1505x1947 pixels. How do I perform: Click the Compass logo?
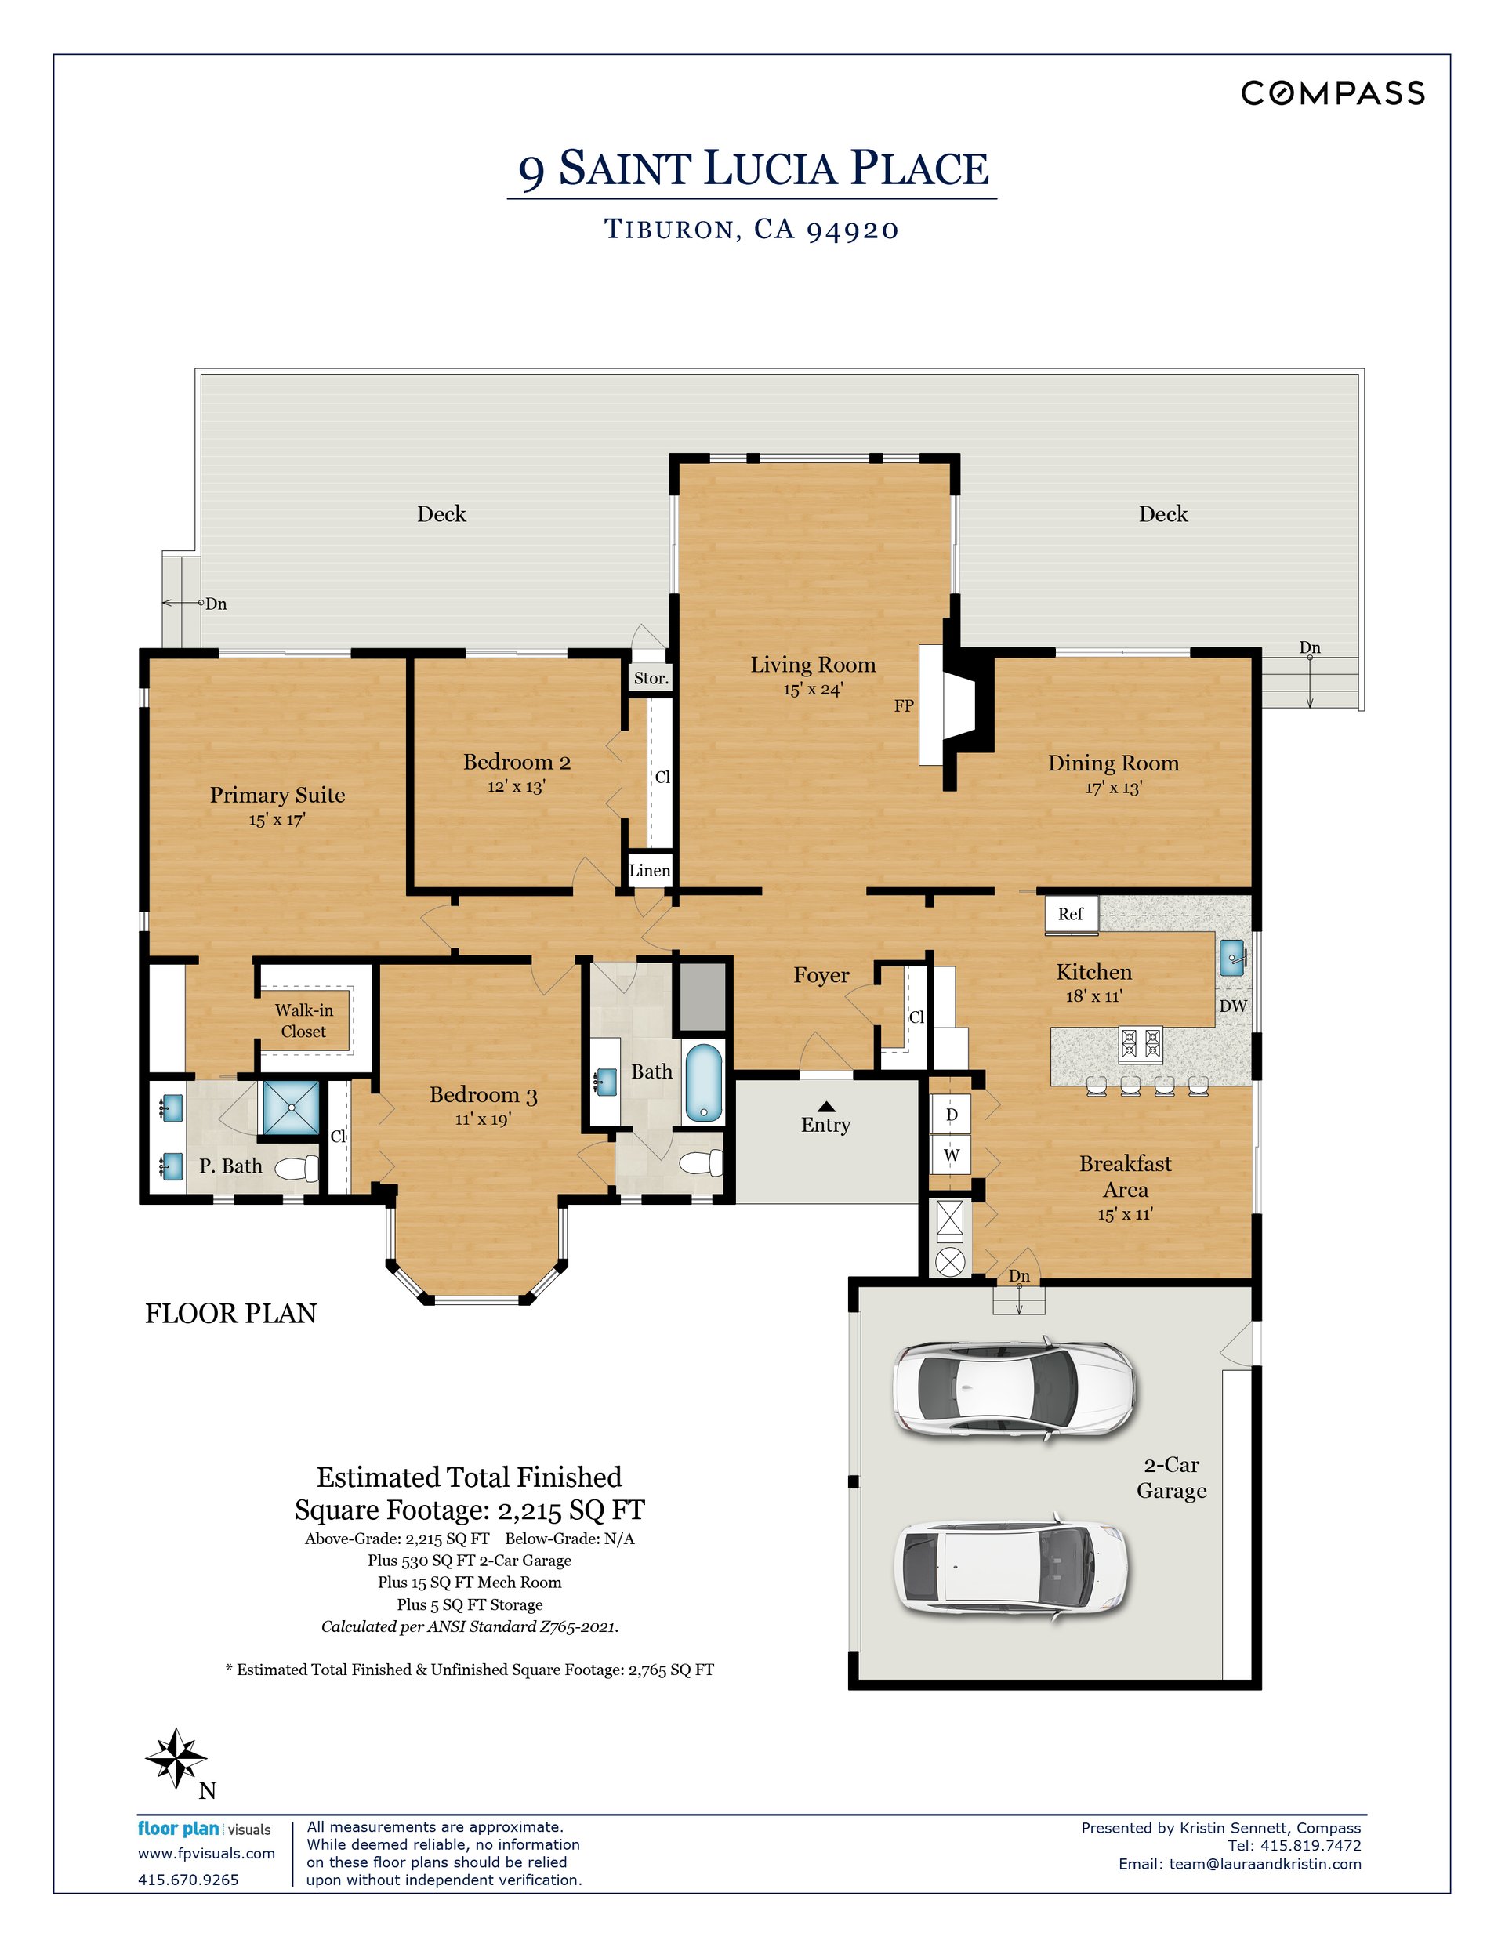pos(1333,92)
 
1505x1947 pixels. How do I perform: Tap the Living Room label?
pos(812,664)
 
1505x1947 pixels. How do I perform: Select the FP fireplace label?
pos(903,706)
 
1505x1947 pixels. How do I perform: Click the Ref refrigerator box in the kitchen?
pos(1071,915)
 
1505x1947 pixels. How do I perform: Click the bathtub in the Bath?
pos(703,1083)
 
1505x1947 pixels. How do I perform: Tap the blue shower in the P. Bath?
pos(291,1108)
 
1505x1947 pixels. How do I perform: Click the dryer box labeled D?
pos(952,1115)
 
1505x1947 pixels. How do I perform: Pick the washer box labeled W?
pos(952,1155)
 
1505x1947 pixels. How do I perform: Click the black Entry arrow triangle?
pos(825,1106)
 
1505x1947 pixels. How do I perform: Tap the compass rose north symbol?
pos(176,1758)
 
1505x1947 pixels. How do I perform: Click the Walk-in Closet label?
pos(304,1021)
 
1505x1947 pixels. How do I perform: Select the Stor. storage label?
pos(651,679)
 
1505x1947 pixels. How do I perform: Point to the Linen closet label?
pos(650,871)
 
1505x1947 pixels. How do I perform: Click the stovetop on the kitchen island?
pos(1141,1042)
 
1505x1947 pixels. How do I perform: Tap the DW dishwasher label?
pos(1233,1006)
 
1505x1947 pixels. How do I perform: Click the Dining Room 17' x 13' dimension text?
pos(1114,788)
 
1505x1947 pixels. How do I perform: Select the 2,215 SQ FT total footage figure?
pos(571,1510)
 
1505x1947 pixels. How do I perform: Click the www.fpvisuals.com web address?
pos(206,1854)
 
